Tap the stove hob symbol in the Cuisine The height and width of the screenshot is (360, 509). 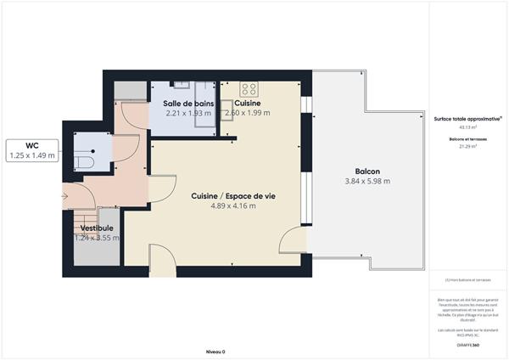point(249,87)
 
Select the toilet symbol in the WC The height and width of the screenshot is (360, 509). point(83,161)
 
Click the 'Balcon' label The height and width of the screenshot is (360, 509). point(367,170)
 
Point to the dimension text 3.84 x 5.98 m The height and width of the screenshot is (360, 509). point(367,181)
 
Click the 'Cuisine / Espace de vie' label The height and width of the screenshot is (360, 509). point(232,196)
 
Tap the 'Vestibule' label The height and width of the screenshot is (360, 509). point(97,228)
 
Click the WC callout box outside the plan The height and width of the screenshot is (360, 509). point(31,150)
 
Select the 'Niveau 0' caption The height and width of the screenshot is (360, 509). point(215,351)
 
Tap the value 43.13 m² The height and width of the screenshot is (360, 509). point(467,127)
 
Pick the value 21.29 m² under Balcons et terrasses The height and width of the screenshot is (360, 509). point(467,146)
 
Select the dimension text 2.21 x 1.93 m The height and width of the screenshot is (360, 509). point(187,113)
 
